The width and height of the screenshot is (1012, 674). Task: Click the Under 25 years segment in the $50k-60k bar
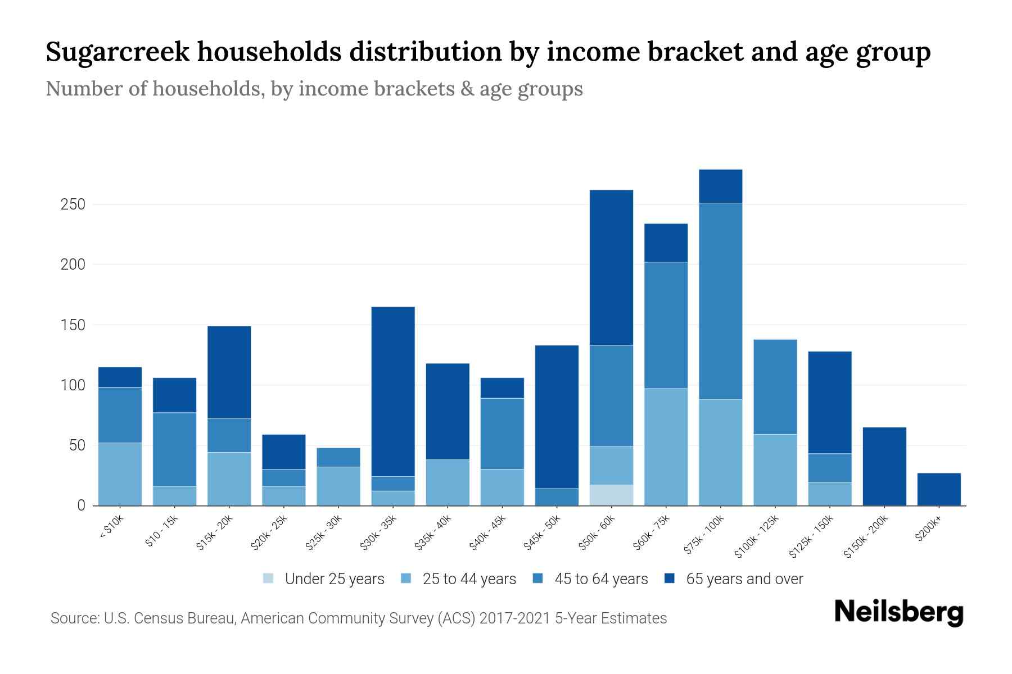(x=611, y=495)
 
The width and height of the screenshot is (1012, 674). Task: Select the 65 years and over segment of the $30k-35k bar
(x=393, y=391)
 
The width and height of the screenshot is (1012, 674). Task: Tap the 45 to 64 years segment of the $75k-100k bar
(x=720, y=301)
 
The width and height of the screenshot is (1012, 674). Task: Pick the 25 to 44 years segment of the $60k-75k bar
(x=666, y=447)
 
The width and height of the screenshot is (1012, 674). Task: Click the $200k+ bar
(x=938, y=489)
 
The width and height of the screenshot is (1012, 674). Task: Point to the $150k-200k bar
(x=884, y=466)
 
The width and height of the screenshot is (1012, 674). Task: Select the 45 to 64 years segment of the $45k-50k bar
(x=557, y=497)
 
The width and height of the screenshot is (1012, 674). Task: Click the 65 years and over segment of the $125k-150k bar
(x=829, y=402)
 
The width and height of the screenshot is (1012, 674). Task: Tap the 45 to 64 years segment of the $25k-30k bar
(x=338, y=457)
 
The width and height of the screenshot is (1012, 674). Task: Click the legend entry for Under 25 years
(x=324, y=579)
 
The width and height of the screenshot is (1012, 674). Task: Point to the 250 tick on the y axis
(x=73, y=204)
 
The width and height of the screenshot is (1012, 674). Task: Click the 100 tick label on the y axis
(x=73, y=385)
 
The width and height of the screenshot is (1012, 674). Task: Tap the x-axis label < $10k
(x=111, y=528)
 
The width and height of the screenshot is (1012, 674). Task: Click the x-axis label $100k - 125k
(x=757, y=536)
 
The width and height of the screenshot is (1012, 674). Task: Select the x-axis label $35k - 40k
(x=433, y=534)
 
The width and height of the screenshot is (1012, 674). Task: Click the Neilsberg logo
(x=898, y=612)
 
